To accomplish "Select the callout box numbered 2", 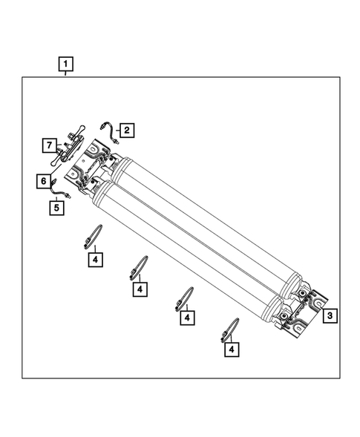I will point(126,131).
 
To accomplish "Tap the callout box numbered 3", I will point(330,315).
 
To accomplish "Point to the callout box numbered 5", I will point(56,208).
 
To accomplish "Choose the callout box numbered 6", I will point(43,180).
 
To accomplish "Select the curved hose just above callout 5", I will point(58,193).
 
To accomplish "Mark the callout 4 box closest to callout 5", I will point(95,259).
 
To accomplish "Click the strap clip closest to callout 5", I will point(92,235).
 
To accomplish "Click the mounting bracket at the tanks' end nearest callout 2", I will point(89,167).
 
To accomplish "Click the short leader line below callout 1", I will point(66,73).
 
